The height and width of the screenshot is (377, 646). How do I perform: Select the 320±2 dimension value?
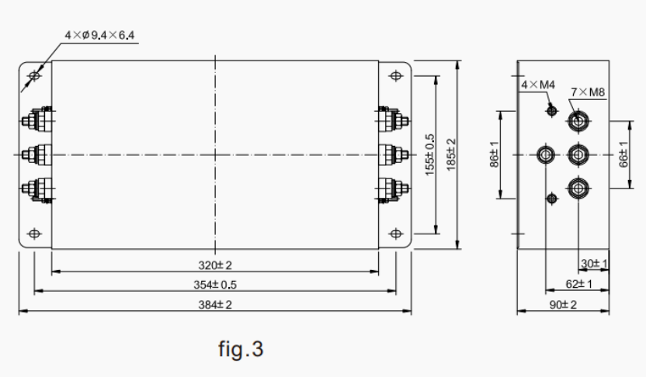point(214,264)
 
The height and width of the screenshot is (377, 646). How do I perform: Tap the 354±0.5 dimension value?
point(215,284)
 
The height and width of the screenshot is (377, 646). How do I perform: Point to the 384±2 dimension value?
point(215,304)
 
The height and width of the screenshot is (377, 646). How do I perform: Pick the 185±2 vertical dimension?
point(450,154)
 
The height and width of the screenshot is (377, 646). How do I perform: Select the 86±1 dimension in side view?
point(494,154)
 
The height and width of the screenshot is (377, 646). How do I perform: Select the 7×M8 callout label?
point(588,92)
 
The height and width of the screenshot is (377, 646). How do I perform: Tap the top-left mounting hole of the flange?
point(33,76)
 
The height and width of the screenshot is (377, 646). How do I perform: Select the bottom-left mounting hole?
point(33,233)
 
